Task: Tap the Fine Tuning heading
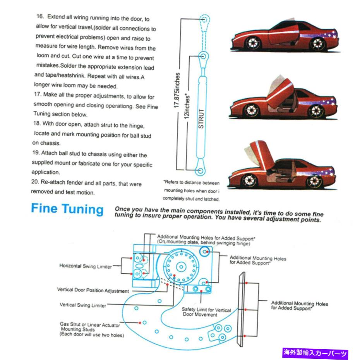(x=67, y=209)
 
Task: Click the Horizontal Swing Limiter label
(x=86, y=266)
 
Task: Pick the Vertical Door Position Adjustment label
(x=93, y=290)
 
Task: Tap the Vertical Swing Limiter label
(x=83, y=305)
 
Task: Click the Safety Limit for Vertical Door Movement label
(x=206, y=312)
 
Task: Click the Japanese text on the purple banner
(x=315, y=353)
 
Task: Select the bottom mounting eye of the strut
(x=201, y=170)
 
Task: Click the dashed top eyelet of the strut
(x=204, y=18)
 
